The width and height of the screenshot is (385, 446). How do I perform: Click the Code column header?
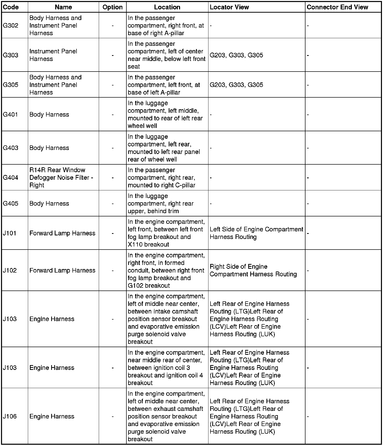coord(11,7)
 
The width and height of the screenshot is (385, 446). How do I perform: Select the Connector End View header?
coord(337,7)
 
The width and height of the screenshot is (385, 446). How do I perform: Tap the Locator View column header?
coord(229,7)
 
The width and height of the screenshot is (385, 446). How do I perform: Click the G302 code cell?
coord(11,26)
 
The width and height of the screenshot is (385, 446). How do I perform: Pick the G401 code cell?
coord(10,115)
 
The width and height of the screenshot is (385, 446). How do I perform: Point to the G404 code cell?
coord(11,177)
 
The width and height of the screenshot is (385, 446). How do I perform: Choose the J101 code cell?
coord(10,233)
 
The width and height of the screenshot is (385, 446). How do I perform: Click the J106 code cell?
coord(10,416)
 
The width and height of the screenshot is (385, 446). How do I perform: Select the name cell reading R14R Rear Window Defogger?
coord(61,177)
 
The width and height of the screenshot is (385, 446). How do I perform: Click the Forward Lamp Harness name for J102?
coord(62,270)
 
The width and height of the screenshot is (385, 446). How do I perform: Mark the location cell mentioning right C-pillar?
coord(162,177)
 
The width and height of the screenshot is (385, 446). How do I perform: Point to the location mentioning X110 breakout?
coord(166,233)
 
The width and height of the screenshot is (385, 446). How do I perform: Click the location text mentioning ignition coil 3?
coord(166,368)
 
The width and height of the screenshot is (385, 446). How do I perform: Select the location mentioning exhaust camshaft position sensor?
coord(166,416)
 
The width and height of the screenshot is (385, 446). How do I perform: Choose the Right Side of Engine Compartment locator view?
coord(253,270)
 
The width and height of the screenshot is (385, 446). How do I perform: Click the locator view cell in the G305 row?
coord(236,85)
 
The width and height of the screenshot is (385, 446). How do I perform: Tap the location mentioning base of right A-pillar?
coord(166,26)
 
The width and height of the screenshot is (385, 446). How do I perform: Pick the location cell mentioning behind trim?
coord(161,204)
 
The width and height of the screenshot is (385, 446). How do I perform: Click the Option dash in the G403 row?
coord(112,148)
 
